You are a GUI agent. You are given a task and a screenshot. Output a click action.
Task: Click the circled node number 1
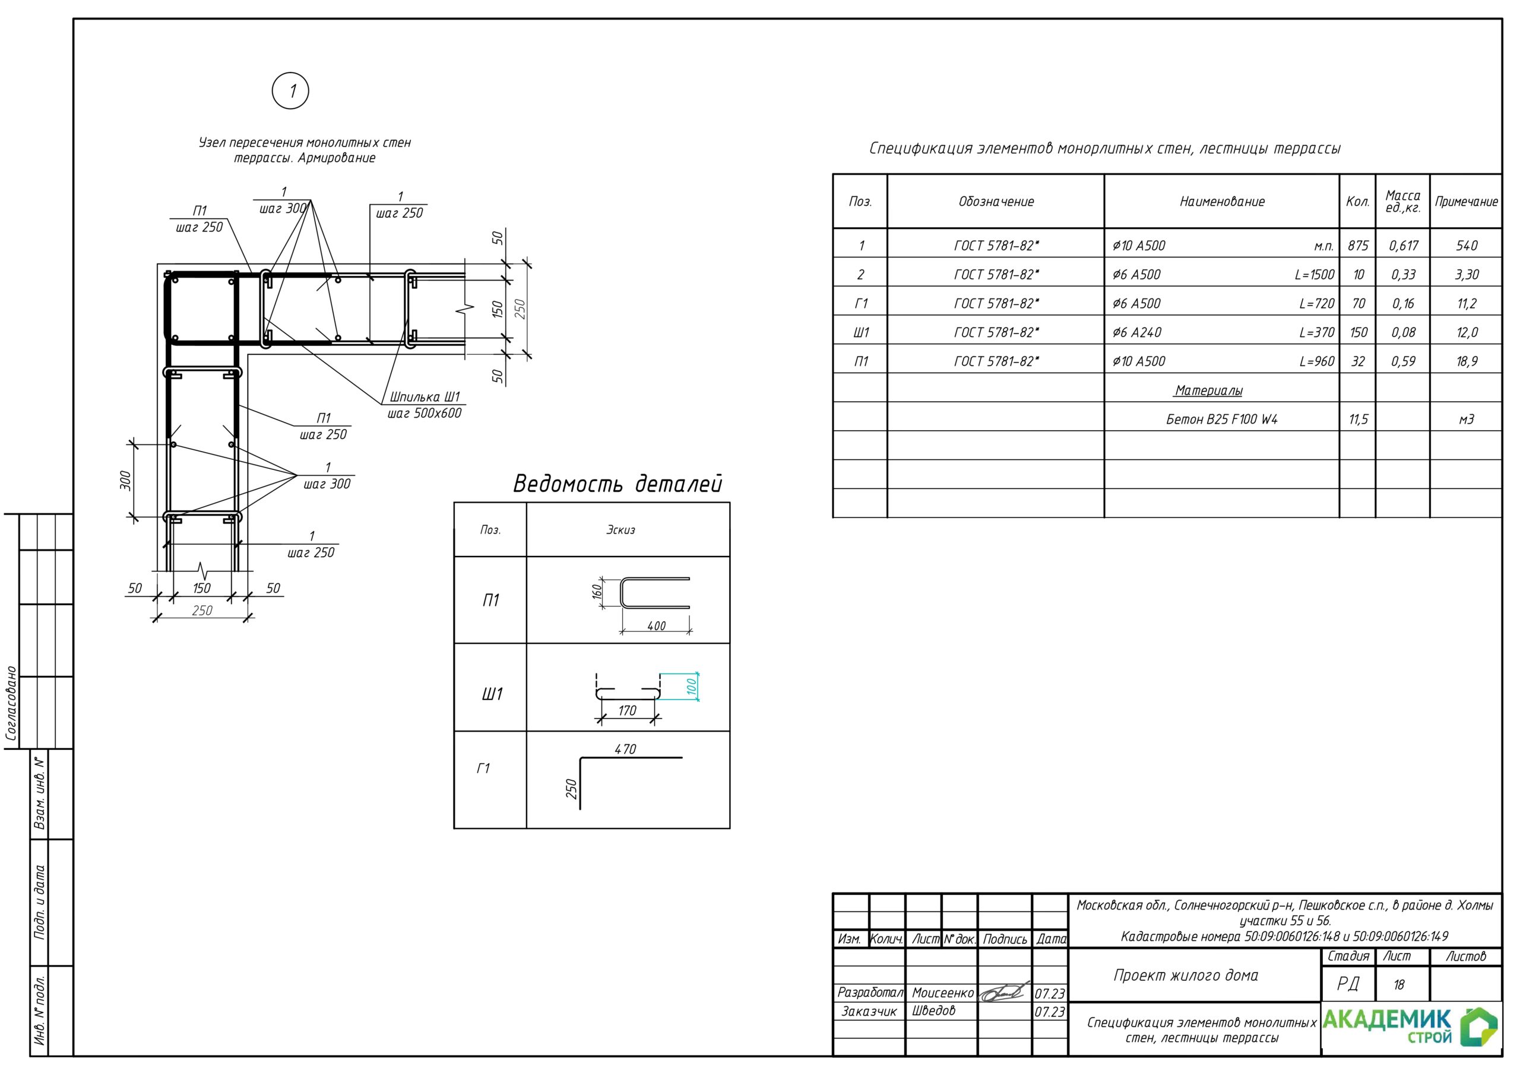(x=290, y=91)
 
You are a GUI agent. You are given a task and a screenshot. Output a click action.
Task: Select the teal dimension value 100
(x=692, y=687)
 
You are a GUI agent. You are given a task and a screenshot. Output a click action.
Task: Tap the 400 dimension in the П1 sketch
(x=656, y=625)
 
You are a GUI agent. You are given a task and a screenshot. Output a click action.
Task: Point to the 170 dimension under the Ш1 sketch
(x=627, y=711)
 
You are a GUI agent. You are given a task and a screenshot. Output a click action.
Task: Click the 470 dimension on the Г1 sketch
(x=625, y=749)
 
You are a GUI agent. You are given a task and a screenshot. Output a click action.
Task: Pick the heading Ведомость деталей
(x=617, y=484)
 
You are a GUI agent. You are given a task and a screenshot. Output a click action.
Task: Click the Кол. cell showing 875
(x=1358, y=246)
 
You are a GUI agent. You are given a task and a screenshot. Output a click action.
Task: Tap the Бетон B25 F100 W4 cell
(x=1221, y=419)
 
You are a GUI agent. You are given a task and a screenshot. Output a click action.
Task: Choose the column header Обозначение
(x=996, y=201)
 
